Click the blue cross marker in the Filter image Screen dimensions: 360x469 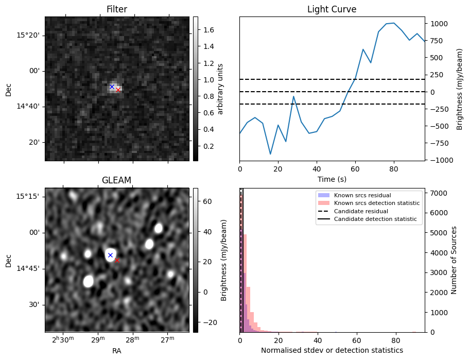point(112,87)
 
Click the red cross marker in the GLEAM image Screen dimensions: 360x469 point(117,260)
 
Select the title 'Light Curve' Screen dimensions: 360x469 point(332,9)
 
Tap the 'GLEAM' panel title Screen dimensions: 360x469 point(117,180)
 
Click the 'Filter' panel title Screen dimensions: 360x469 point(117,9)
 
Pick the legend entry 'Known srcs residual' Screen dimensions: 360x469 point(362,195)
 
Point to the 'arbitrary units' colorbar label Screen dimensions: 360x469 point(220,89)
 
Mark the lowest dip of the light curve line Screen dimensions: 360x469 point(270,154)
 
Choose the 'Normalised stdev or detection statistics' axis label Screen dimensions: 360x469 point(332,350)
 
